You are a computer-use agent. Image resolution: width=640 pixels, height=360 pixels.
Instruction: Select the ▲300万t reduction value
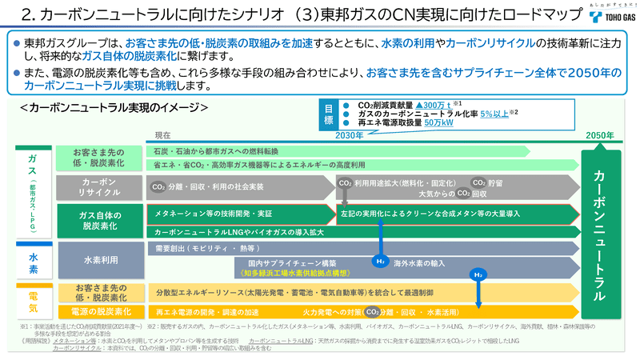441,105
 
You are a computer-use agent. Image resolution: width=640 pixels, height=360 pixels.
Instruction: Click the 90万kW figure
438,123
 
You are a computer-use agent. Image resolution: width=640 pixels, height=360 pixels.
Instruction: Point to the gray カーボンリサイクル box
101,188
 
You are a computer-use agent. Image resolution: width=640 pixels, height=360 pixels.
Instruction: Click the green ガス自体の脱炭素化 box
101,221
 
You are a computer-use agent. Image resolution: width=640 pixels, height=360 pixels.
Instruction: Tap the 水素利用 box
101,260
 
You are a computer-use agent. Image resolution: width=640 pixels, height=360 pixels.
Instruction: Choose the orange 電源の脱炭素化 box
101,311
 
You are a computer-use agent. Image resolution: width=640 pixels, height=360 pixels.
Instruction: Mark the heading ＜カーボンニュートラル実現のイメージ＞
118,106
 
